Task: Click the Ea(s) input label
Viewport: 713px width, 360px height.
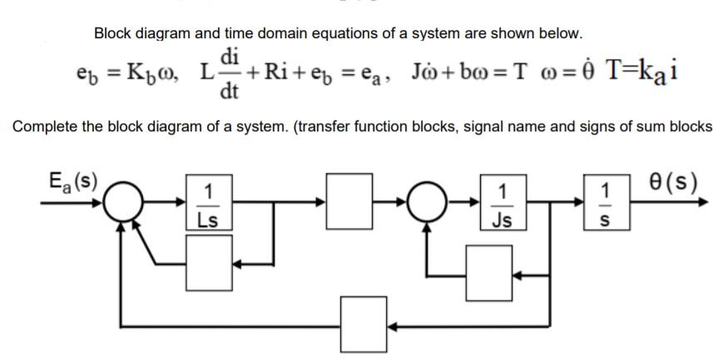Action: tap(71, 180)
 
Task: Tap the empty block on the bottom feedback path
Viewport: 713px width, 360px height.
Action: tap(364, 322)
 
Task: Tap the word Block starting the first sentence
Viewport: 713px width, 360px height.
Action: tap(112, 34)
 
